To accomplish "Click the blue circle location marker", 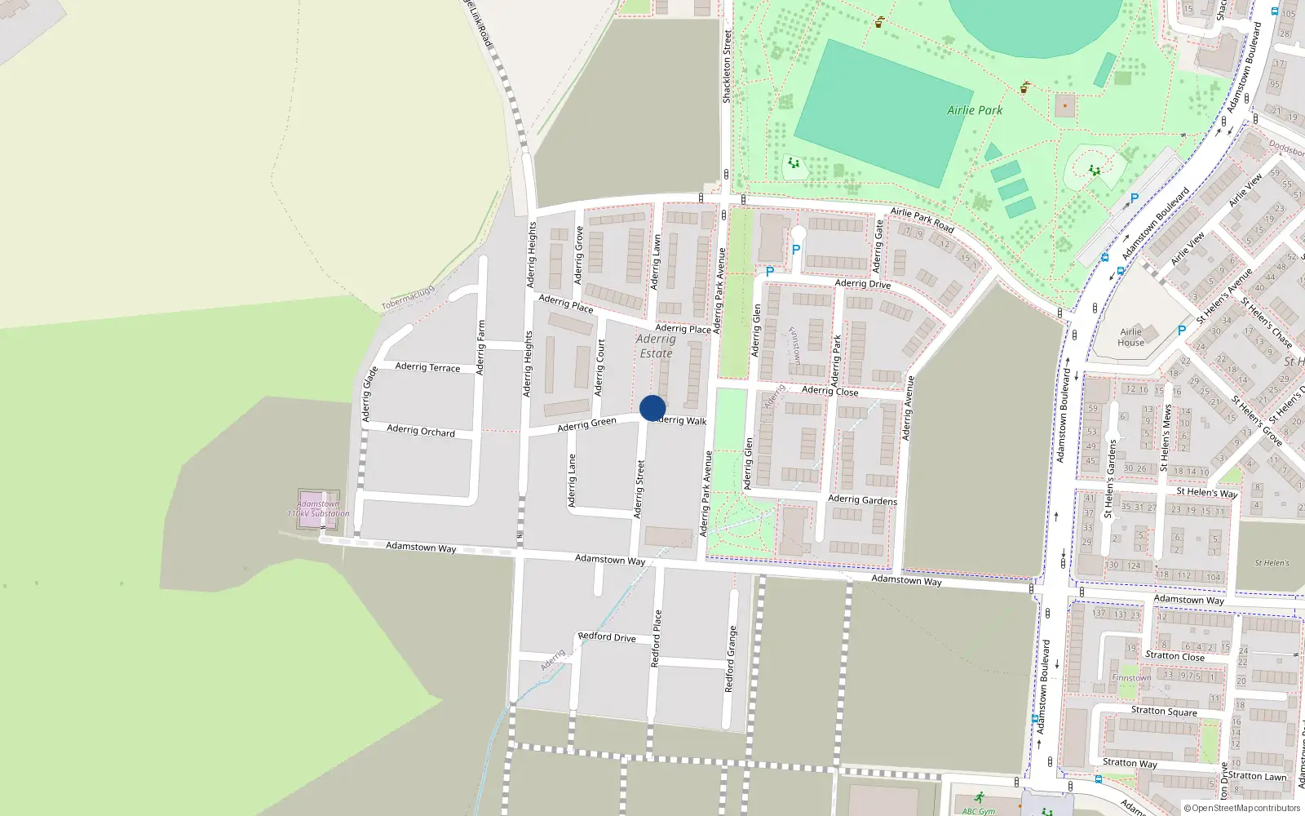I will click(652, 408).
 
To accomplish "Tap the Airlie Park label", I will click(975, 110).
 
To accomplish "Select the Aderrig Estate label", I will click(656, 346).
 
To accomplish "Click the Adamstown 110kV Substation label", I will click(318, 508).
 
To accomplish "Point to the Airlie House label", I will click(1130, 337).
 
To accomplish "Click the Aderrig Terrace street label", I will click(427, 367).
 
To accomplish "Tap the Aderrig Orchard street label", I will click(421, 430).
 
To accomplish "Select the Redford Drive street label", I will click(607, 636).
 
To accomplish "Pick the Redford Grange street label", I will click(731, 659).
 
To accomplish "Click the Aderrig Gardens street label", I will click(862, 499).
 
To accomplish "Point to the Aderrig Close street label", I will click(829, 391).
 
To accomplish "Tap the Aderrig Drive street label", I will click(863, 284).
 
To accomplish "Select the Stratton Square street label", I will click(1164, 711).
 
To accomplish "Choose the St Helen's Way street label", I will click(1206, 493).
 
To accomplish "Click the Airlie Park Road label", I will click(922, 220).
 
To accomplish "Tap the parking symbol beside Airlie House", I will click(1181, 330).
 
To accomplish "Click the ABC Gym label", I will click(979, 811).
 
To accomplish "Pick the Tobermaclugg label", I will click(409, 297).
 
